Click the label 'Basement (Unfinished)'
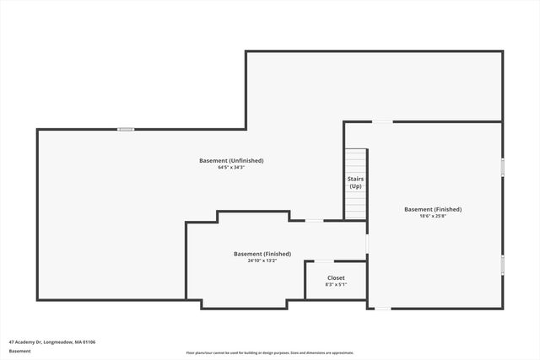click(x=231, y=160)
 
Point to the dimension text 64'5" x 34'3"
click(x=231, y=168)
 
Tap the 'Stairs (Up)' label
click(x=355, y=183)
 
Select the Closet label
click(x=336, y=277)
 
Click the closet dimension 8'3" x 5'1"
click(x=336, y=285)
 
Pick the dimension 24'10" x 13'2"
click(x=262, y=261)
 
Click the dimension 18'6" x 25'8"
click(x=433, y=216)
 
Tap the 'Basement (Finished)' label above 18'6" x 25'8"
click(x=433, y=209)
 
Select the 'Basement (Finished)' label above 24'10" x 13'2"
click(x=262, y=254)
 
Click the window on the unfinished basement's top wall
click(x=126, y=129)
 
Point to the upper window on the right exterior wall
click(x=503, y=166)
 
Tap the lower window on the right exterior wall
click(x=503, y=265)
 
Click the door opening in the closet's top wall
click(x=323, y=261)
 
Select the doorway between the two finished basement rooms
click(x=367, y=244)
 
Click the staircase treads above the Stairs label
click(x=355, y=160)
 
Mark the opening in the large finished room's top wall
click(x=382, y=122)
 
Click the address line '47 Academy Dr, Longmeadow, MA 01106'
click(x=52, y=342)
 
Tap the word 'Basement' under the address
click(x=19, y=351)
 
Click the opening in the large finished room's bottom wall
click(x=382, y=309)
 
